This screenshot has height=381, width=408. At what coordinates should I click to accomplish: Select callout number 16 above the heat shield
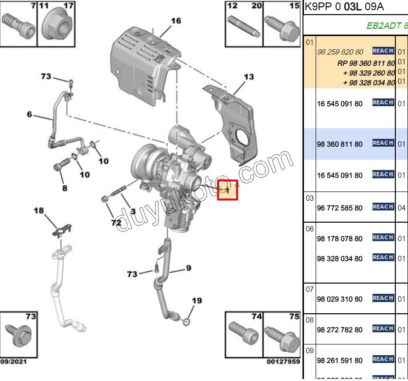point(176,20)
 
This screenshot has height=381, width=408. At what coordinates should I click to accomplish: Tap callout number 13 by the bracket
point(248,76)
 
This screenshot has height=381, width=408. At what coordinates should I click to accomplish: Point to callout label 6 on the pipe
point(29,114)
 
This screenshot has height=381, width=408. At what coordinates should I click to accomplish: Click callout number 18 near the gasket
point(38,210)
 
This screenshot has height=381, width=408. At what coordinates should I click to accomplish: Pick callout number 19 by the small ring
point(196,301)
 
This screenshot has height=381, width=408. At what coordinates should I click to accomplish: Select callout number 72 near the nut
point(115,223)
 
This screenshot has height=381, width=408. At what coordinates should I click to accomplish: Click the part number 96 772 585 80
point(339,208)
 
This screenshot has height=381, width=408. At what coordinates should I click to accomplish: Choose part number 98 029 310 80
point(339,299)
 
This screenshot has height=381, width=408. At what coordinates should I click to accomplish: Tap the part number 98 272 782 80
point(339,330)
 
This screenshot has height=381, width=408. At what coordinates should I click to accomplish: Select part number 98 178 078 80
point(339,239)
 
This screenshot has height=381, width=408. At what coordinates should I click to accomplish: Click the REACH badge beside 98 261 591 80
point(383,360)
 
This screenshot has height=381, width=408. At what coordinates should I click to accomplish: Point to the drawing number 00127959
point(283,362)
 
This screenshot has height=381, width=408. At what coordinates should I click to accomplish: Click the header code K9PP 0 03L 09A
point(344,7)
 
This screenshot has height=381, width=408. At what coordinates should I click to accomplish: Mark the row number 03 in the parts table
point(309,198)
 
